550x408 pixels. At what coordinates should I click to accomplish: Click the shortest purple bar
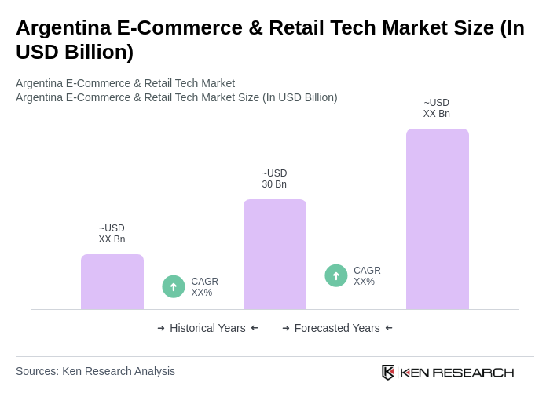click(x=112, y=282)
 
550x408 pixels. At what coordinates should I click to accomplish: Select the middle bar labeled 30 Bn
click(x=275, y=254)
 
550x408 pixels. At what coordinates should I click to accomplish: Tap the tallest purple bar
click(x=438, y=219)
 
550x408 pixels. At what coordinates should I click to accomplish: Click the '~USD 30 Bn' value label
click(x=274, y=179)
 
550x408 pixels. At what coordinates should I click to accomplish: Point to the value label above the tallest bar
click(x=437, y=108)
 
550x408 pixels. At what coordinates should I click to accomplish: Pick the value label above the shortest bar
click(x=112, y=234)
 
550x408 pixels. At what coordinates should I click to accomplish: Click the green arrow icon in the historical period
click(x=174, y=286)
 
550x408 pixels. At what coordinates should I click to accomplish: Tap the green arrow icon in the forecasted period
click(x=336, y=275)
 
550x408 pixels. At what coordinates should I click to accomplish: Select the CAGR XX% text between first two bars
click(x=204, y=287)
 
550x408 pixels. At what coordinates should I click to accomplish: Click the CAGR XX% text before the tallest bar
click(x=367, y=276)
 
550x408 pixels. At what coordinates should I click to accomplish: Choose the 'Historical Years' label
click(x=207, y=328)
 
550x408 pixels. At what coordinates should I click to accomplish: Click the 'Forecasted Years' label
click(x=337, y=328)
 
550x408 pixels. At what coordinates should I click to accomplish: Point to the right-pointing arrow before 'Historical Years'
click(x=161, y=328)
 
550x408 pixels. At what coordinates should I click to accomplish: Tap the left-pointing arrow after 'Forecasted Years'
click(x=389, y=328)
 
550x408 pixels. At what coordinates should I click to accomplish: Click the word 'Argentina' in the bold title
click(x=63, y=27)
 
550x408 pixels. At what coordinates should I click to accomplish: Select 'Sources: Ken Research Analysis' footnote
click(x=95, y=371)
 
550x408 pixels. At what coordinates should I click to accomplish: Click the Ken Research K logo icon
click(x=388, y=372)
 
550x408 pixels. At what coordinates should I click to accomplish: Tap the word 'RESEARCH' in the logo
click(x=473, y=372)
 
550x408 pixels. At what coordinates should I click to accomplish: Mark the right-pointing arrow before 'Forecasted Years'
click(x=286, y=328)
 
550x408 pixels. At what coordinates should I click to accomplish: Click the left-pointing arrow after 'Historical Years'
click(x=255, y=328)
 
